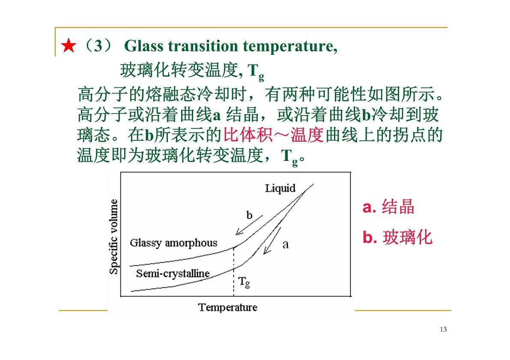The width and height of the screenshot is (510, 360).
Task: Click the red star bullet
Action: (x=69, y=46)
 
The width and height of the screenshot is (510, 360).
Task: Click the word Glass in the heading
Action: (x=144, y=46)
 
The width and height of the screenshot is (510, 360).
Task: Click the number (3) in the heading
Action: (x=98, y=46)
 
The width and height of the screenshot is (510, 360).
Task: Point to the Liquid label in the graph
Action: (x=280, y=188)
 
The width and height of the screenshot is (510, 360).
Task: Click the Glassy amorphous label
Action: (x=173, y=243)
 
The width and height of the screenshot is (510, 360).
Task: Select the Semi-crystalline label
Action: (x=173, y=274)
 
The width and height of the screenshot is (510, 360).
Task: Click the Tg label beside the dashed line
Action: (x=244, y=282)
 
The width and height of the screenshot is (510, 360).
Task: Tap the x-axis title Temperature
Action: (x=228, y=307)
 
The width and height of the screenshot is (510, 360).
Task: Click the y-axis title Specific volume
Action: (x=113, y=237)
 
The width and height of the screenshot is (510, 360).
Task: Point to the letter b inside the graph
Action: (x=249, y=215)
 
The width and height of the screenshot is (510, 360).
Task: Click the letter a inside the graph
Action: (x=286, y=244)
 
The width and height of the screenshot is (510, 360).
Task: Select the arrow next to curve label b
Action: (x=249, y=225)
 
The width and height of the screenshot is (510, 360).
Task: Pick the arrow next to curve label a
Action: (x=272, y=240)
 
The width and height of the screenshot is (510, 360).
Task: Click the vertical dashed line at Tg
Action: (x=233, y=272)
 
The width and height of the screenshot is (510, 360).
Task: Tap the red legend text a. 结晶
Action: (x=388, y=206)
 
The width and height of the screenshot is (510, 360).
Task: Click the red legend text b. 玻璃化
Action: (x=397, y=237)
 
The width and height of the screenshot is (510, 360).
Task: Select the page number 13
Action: (x=443, y=330)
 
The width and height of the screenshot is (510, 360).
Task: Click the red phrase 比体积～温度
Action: (x=273, y=135)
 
